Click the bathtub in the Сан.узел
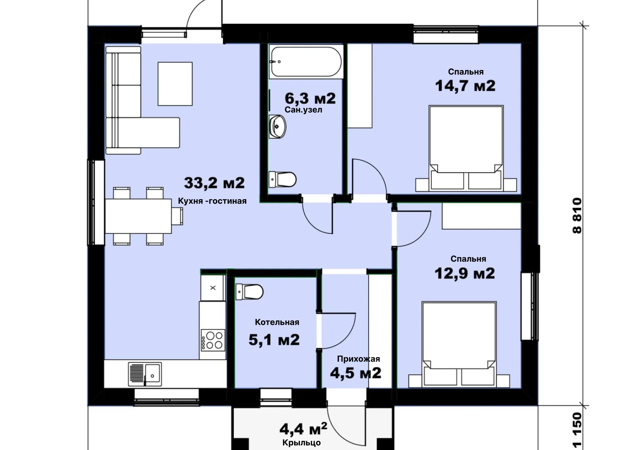click(306, 62)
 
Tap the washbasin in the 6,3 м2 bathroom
click(277, 127)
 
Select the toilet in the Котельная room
click(249, 292)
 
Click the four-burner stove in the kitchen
click(213, 340)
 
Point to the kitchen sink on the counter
click(145, 374)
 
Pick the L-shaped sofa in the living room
click(143, 100)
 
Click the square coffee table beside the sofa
click(175, 84)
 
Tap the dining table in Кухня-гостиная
click(138, 216)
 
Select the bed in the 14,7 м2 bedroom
click(466, 148)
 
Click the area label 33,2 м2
click(214, 183)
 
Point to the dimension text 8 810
click(577, 215)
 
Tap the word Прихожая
click(359, 359)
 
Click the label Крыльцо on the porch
click(302, 442)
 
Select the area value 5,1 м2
click(274, 340)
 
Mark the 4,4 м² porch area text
click(303, 429)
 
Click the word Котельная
click(277, 322)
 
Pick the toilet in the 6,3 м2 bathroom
click(282, 179)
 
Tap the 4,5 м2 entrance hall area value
click(356, 373)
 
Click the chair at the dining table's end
click(177, 216)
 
